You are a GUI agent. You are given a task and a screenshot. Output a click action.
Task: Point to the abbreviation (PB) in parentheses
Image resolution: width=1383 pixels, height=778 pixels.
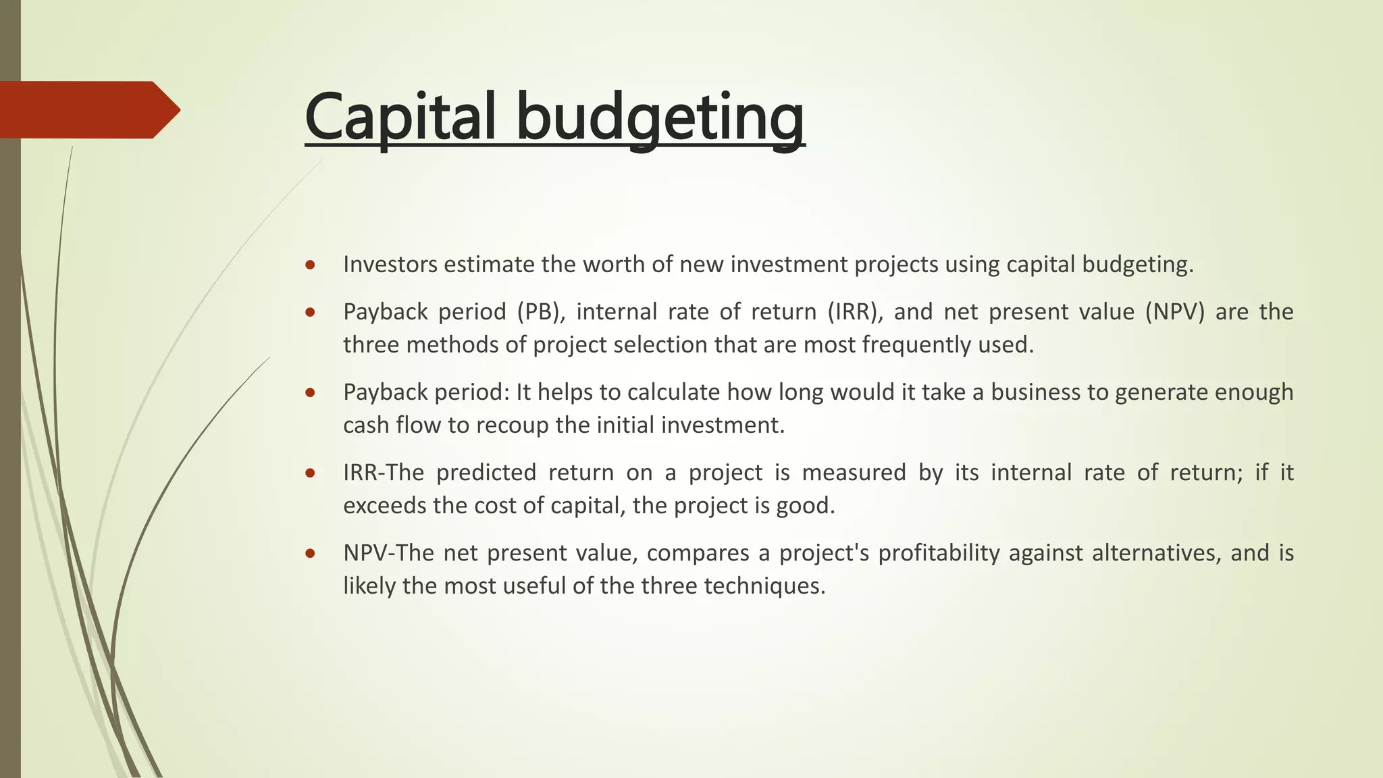(x=541, y=311)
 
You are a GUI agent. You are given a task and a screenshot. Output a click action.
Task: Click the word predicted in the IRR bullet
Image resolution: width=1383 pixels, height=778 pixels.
(x=486, y=472)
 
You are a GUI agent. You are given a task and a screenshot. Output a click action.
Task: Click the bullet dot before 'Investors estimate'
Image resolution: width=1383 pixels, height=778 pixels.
(x=310, y=265)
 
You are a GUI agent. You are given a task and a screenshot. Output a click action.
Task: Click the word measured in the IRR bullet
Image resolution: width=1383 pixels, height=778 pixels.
(x=854, y=472)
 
